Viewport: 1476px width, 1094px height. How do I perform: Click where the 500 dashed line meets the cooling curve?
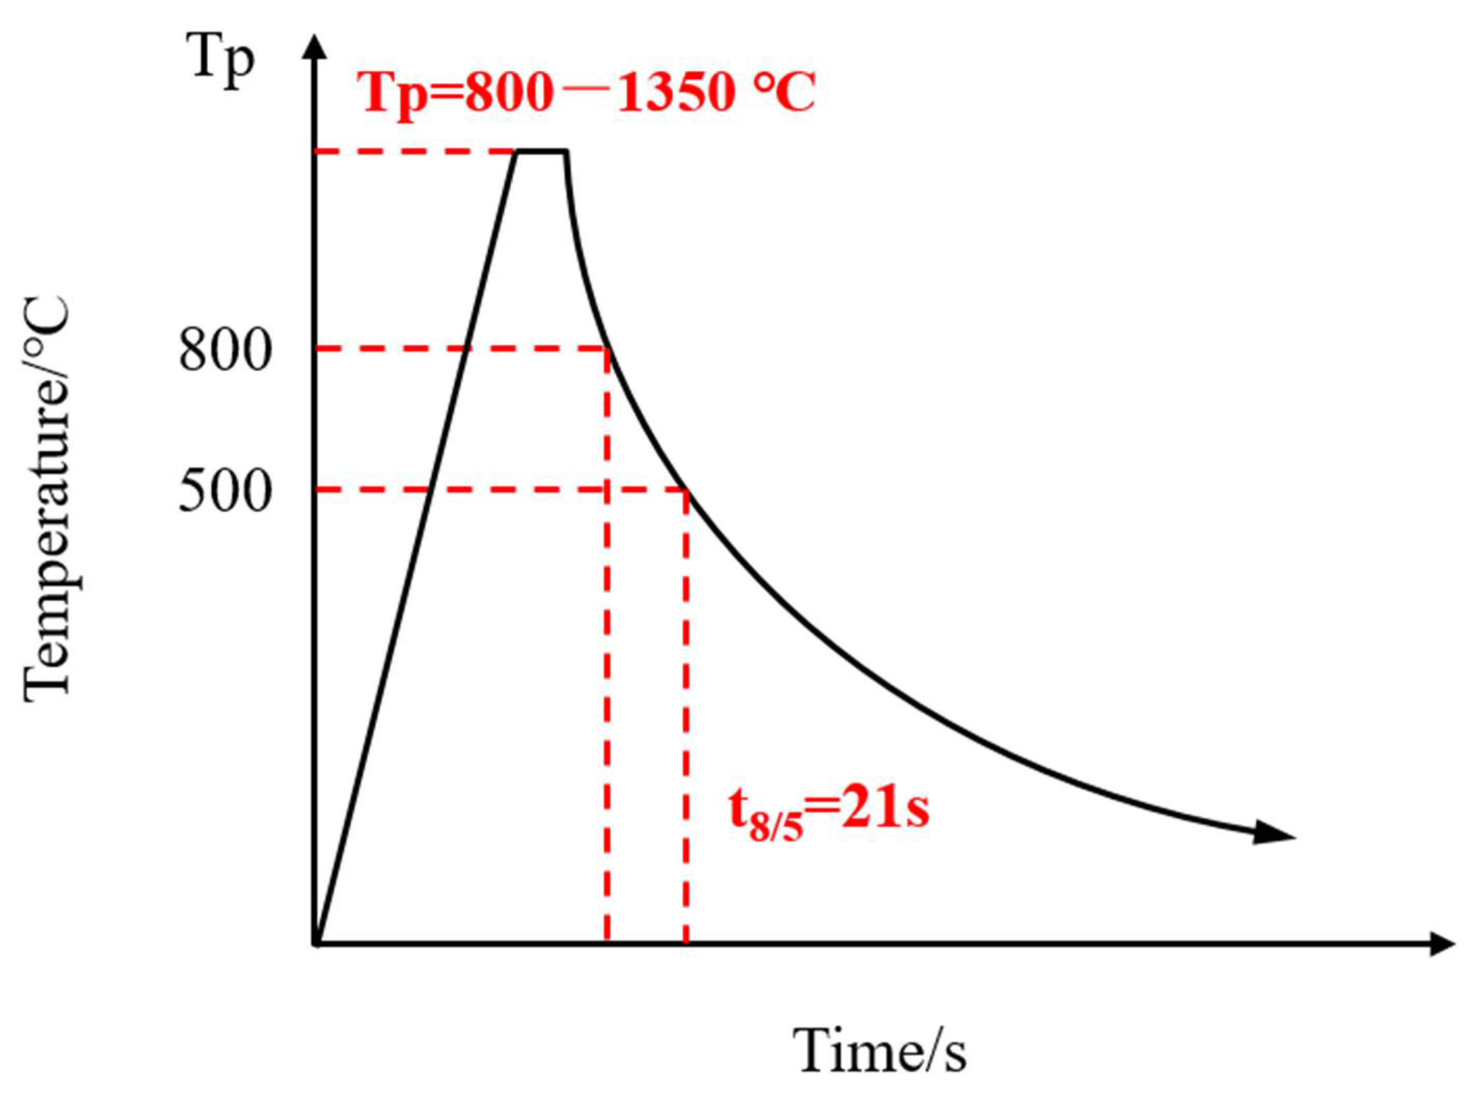coord(686,490)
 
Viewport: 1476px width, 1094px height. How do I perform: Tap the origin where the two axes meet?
coord(318,943)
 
